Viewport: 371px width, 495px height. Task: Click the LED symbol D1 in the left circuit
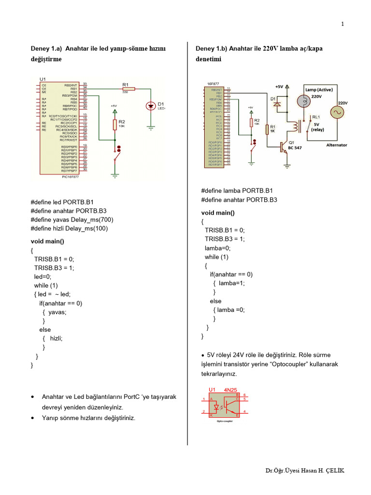(150, 105)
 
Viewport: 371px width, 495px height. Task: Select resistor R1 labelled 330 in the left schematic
(128, 88)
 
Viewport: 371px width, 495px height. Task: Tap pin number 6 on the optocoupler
(245, 395)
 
